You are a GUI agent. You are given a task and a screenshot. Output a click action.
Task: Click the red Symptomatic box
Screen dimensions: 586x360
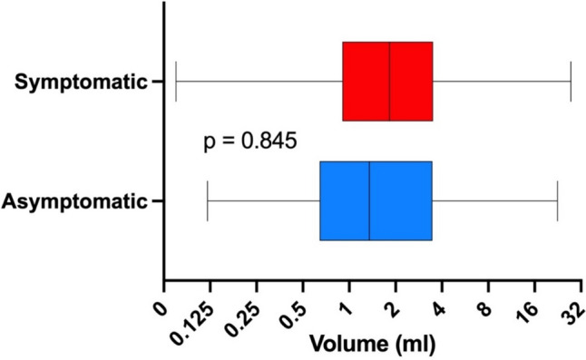click(x=387, y=82)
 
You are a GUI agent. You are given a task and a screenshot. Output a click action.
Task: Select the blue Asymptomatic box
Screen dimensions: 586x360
click(x=376, y=201)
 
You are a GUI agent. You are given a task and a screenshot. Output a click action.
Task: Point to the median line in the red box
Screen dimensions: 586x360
click(x=390, y=82)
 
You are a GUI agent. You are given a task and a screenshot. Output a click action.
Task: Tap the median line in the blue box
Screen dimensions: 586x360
click(x=369, y=201)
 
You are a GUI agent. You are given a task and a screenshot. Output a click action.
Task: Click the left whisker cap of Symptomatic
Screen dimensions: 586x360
click(x=176, y=82)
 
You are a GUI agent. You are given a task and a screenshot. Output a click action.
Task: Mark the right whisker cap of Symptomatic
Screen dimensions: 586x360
click(x=571, y=82)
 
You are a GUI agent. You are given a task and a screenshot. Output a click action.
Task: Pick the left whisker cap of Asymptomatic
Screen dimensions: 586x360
click(x=208, y=201)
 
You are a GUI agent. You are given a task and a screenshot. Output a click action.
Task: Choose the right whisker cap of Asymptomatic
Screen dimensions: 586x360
click(x=557, y=201)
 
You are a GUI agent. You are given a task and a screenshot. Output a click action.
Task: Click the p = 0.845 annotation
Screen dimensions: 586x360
click(x=250, y=141)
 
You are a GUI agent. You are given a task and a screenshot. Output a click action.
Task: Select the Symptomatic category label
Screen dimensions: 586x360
click(x=81, y=82)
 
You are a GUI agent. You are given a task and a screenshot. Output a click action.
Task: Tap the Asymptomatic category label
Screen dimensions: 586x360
click(x=74, y=202)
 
